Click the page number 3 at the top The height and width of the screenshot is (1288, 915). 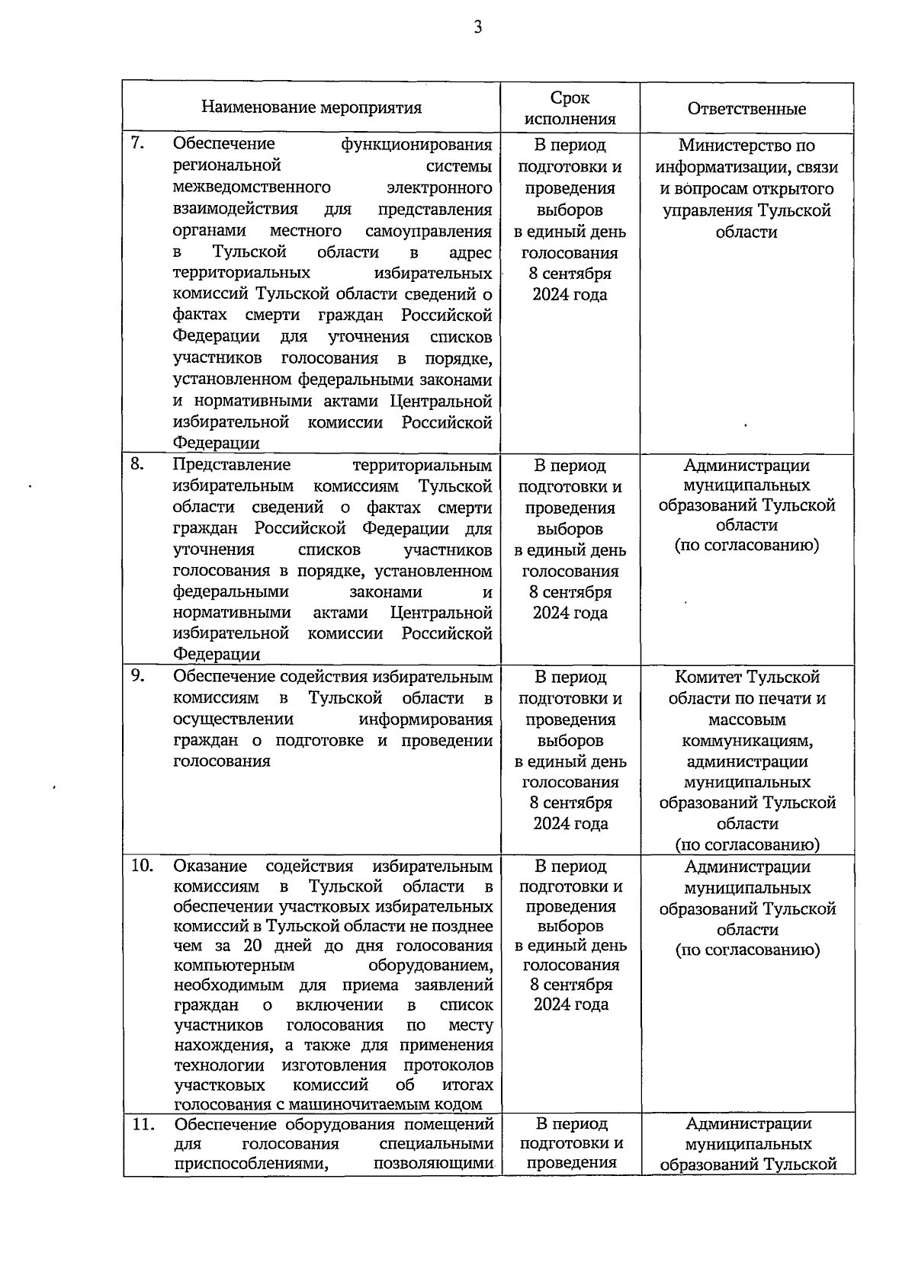(478, 28)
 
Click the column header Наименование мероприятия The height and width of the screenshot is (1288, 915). (311, 107)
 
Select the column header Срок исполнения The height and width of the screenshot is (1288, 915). (570, 108)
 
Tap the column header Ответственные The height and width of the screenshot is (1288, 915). (746, 109)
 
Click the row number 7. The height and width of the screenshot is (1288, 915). (138, 143)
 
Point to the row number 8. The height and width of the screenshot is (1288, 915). (138, 463)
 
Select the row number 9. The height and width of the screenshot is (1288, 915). (138, 675)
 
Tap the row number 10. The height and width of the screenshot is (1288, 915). (142, 865)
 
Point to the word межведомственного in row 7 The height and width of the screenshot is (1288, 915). (252, 187)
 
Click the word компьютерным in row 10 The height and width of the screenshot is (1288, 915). (234, 966)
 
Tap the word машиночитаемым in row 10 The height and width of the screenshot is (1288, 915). (369, 1104)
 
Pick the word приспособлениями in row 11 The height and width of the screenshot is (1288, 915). (251, 1164)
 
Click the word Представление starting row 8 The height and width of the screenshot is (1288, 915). (232, 465)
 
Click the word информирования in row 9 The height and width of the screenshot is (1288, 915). (425, 719)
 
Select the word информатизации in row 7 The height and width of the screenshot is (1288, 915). (724, 167)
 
